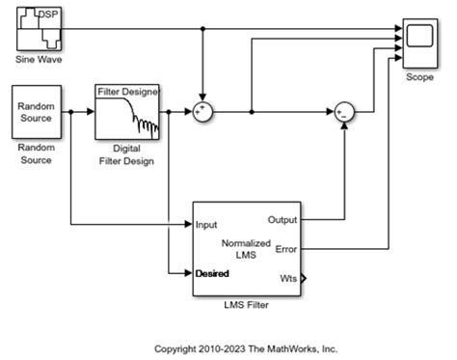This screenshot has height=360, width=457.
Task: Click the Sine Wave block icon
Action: (40, 28)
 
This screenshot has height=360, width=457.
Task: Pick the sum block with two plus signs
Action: (202, 112)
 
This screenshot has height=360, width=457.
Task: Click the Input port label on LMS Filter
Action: (206, 225)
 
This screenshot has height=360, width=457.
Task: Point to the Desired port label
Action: (212, 273)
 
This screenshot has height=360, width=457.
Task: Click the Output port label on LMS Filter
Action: (282, 219)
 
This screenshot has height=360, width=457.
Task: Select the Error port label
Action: (286, 249)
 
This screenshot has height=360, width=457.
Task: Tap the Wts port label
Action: (288, 279)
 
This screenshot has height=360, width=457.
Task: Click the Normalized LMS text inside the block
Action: (248, 249)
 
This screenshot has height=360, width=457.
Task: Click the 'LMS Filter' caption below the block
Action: (247, 305)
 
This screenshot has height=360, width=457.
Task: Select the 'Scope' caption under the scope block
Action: (419, 76)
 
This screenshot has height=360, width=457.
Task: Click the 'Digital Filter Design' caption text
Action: (126, 154)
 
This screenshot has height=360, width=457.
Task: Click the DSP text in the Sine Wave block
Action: (47, 16)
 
